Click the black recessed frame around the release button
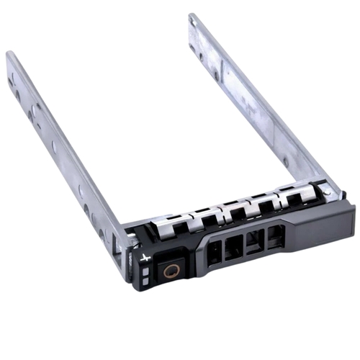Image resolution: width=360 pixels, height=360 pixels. (x=170, y=274)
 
